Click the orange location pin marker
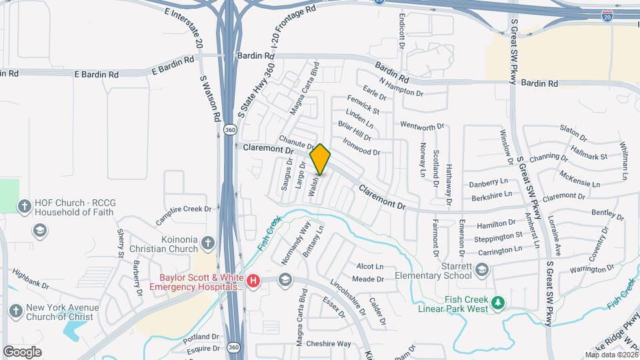(320, 159)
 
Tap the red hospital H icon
(253, 282)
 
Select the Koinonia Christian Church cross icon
(208, 243)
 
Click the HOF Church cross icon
(25, 205)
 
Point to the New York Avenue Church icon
(17, 311)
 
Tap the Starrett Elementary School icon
(482, 270)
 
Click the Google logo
(22, 351)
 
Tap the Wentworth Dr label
(422, 126)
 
